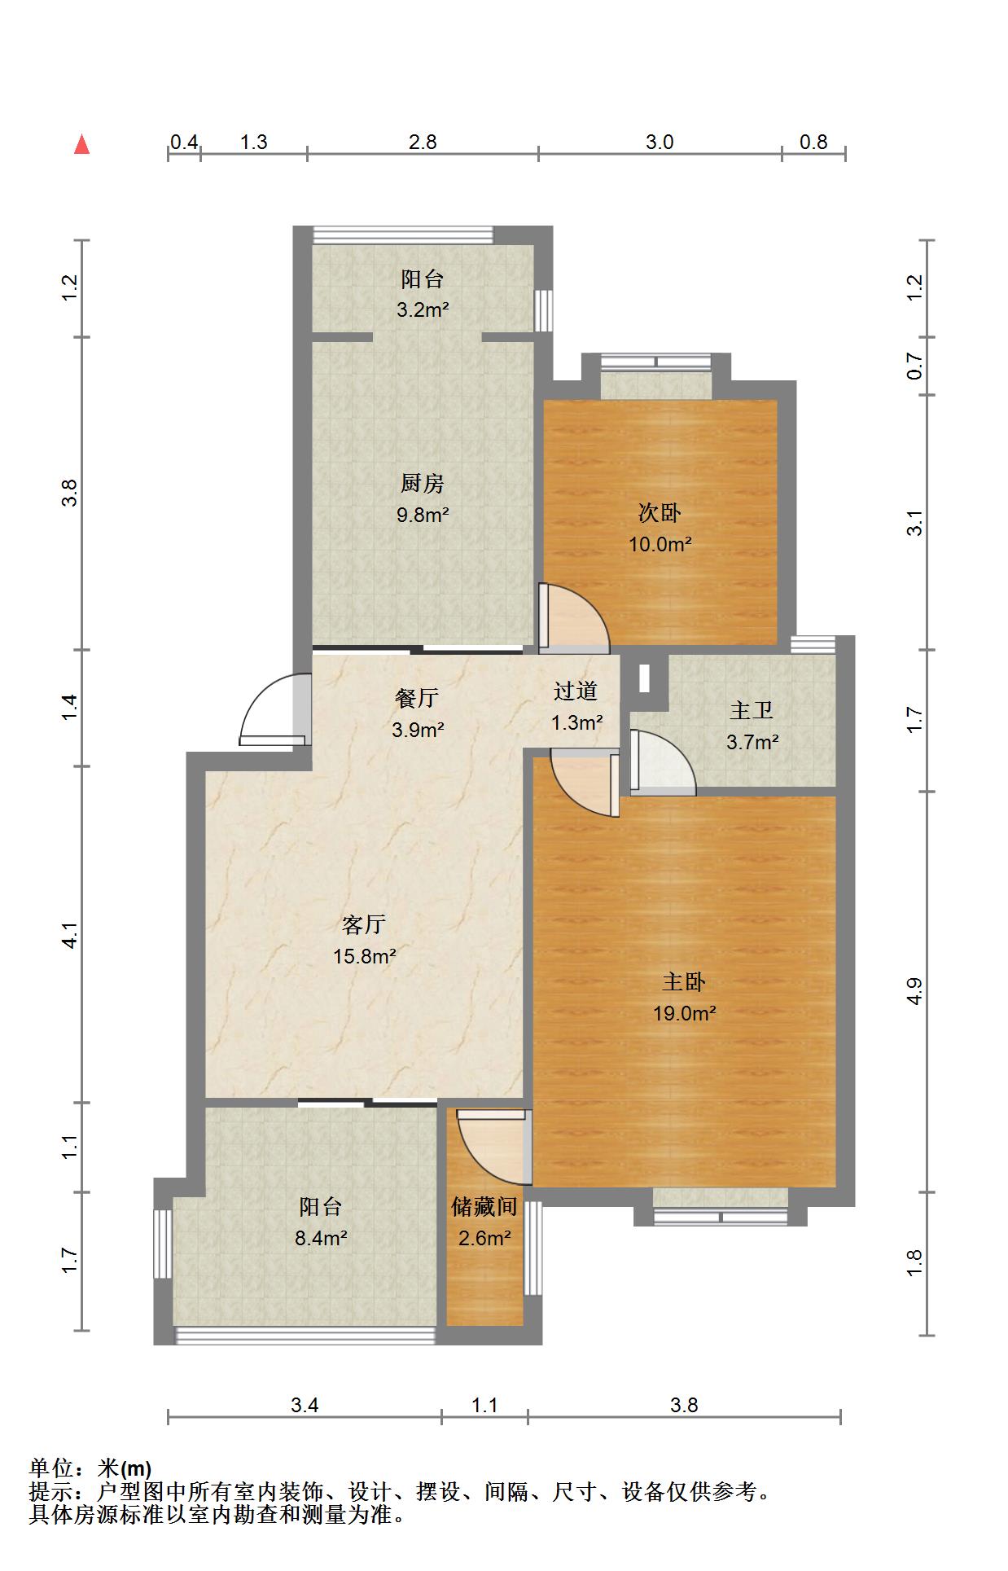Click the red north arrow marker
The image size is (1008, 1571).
[81, 144]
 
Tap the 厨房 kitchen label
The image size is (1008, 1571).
[422, 484]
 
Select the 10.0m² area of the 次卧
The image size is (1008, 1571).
[660, 544]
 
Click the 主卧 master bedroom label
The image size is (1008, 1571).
[683, 982]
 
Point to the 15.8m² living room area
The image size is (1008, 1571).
[364, 956]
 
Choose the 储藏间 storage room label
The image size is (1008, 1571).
[484, 1206]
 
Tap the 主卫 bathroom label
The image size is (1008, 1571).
[751, 710]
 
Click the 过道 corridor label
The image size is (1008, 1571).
[576, 691]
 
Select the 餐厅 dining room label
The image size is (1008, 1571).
[416, 698]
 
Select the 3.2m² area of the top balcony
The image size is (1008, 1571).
[423, 309]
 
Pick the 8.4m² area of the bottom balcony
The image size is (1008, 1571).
[321, 1239]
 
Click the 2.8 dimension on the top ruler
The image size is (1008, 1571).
[423, 142]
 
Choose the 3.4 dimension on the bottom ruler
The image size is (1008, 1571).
[305, 1404]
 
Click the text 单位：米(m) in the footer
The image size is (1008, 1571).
[90, 1468]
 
